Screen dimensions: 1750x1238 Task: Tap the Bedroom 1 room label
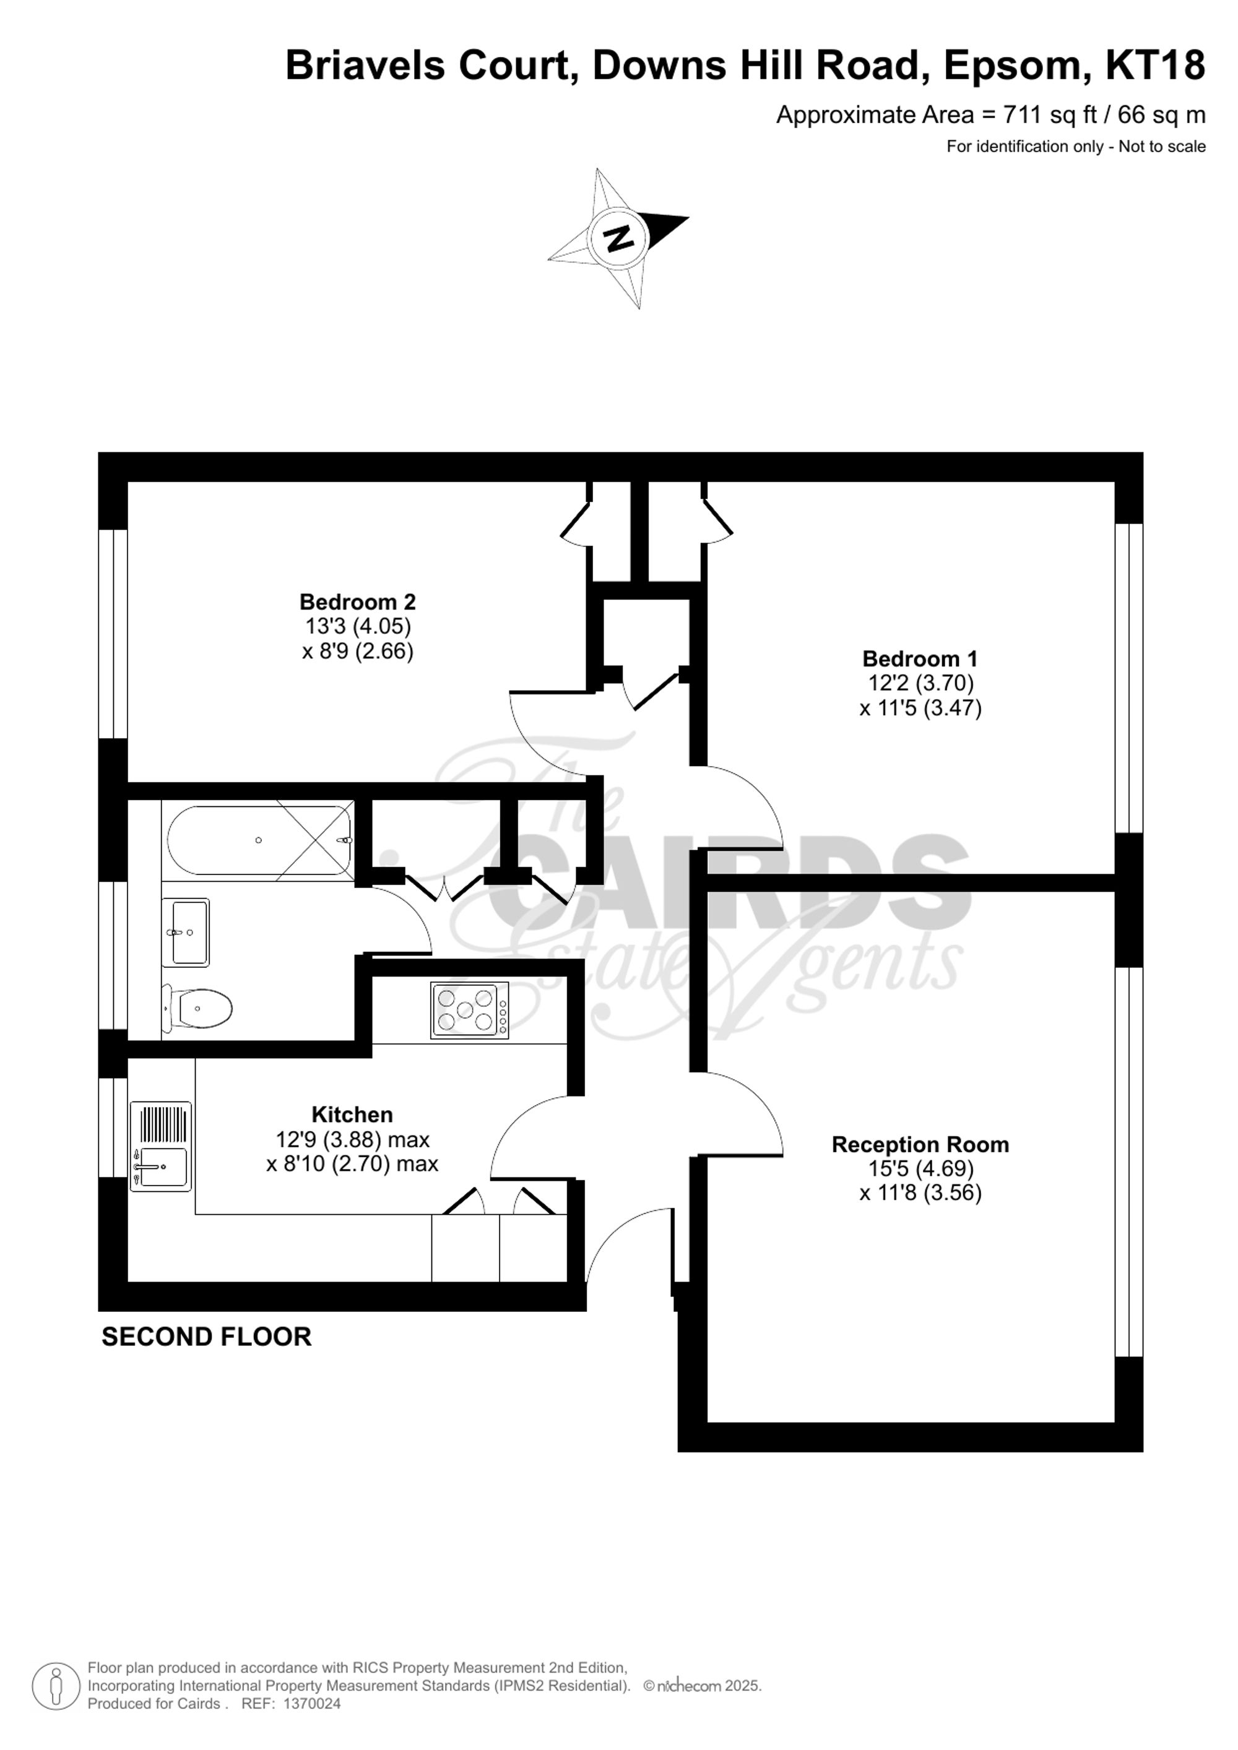(x=919, y=658)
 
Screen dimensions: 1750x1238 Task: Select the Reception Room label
(x=919, y=1144)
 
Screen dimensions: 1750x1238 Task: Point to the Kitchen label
(x=352, y=1114)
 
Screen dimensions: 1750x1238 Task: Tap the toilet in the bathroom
(x=198, y=1009)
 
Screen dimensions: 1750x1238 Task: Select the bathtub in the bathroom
(x=258, y=840)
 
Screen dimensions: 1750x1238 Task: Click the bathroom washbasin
(x=186, y=931)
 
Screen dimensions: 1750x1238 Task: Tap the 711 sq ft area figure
(x=1050, y=115)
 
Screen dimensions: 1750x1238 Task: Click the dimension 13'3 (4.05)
(x=358, y=626)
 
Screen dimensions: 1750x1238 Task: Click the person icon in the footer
(x=56, y=1685)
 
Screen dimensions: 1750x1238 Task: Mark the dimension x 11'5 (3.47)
(x=920, y=708)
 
